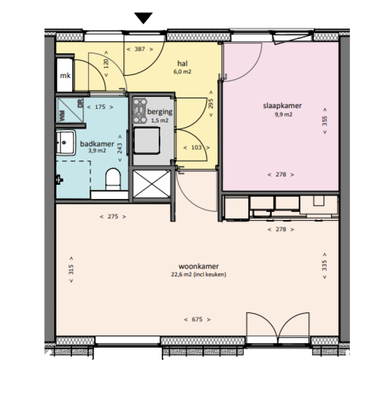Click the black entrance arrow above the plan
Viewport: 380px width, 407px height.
[144, 18]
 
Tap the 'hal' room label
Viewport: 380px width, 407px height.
[182, 64]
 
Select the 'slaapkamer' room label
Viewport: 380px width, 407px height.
[282, 106]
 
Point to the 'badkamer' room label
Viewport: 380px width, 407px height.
[97, 144]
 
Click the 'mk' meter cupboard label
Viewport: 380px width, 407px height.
[64, 76]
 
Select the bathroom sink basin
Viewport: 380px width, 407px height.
[65, 143]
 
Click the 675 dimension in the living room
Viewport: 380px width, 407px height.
[197, 320]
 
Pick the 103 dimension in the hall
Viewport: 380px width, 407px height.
[196, 148]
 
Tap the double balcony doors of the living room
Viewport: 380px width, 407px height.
[278, 326]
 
